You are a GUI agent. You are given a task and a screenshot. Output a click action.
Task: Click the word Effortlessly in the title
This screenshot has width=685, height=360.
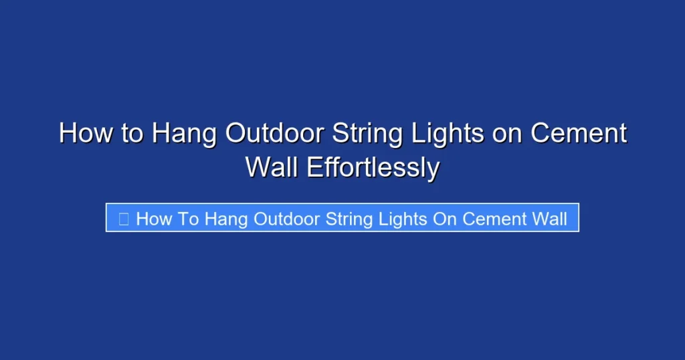click(x=373, y=167)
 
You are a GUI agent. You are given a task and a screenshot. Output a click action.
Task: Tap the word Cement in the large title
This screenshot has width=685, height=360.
click(x=579, y=133)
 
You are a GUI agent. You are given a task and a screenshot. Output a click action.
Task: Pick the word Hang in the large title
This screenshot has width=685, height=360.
click(x=183, y=133)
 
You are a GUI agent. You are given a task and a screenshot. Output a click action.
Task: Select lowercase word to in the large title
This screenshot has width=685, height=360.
click(x=132, y=133)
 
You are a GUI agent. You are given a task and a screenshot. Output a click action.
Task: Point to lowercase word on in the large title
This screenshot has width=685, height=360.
click(x=508, y=133)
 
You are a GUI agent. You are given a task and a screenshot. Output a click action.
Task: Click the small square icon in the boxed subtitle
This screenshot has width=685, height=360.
click(x=123, y=218)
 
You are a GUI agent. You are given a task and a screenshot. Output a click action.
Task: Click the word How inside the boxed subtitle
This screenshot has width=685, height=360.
click(x=153, y=218)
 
